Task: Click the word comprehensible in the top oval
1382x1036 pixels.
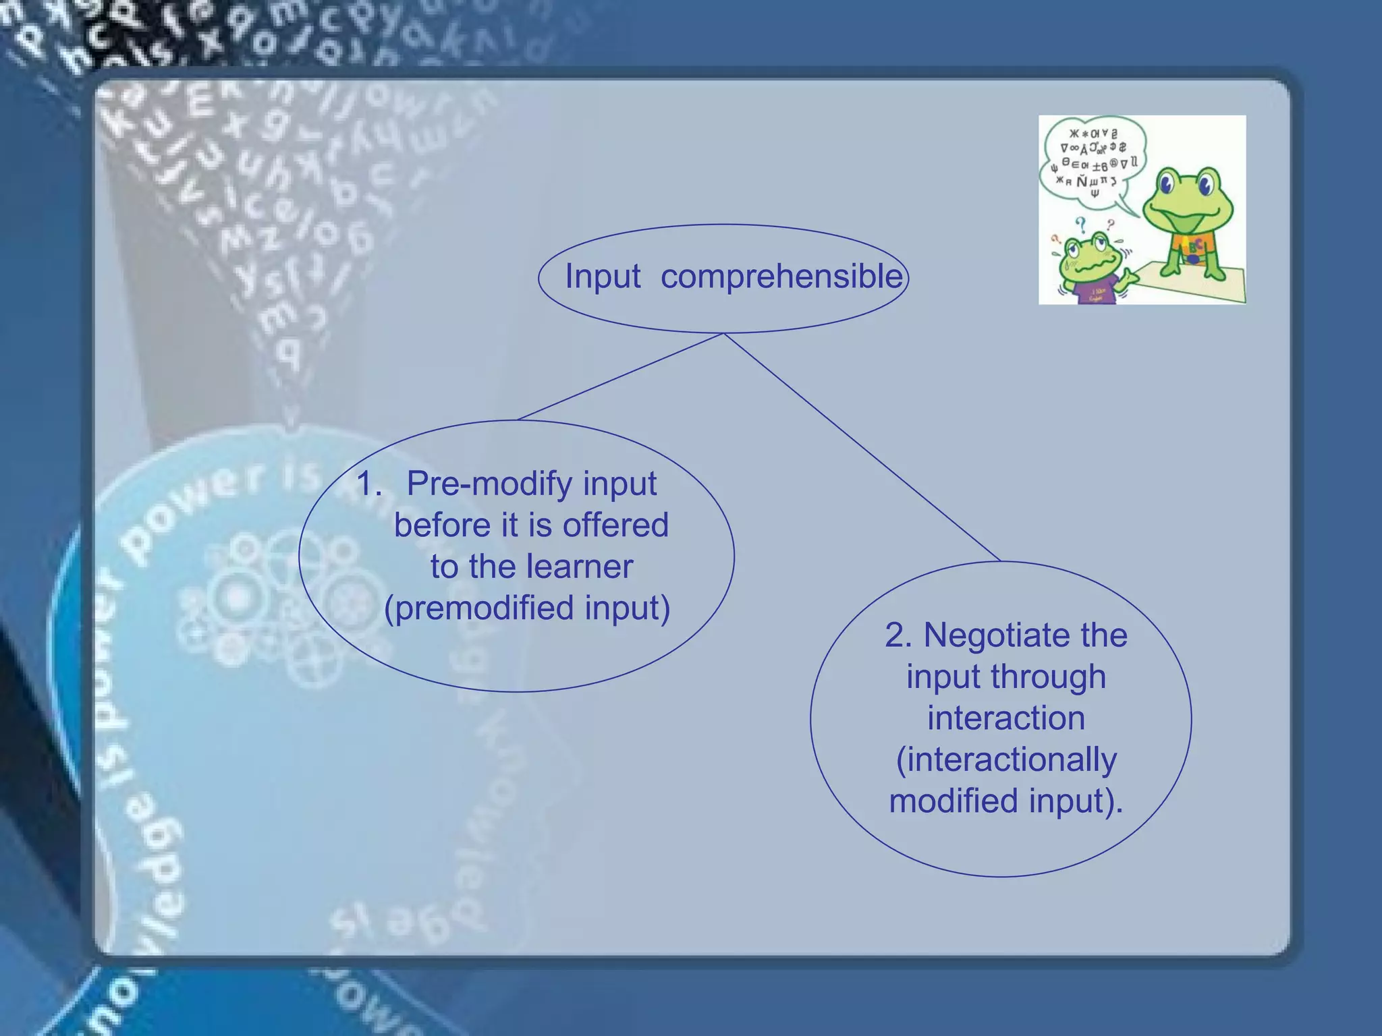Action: point(781,277)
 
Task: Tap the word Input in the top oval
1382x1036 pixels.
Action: point(602,277)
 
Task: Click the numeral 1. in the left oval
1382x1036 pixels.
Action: point(368,484)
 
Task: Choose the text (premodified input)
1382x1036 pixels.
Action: point(526,608)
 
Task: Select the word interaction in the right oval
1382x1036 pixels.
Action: point(1005,718)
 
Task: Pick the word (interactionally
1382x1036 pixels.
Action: point(1005,759)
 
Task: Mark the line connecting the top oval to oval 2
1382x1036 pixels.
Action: point(860,447)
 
